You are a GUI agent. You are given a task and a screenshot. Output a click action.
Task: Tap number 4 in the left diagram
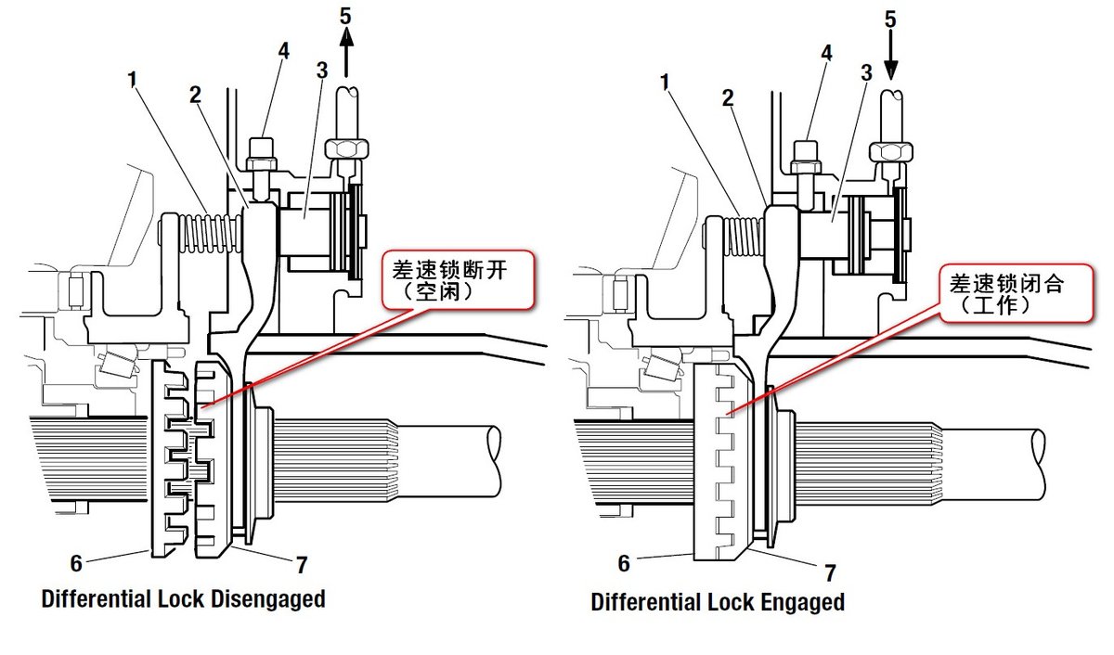pyautogui.click(x=284, y=50)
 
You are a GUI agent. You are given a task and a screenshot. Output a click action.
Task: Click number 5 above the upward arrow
pyautogui.click(x=345, y=16)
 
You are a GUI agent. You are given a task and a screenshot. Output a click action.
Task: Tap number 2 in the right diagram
pyautogui.click(x=728, y=96)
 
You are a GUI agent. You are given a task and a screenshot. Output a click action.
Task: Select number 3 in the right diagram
pyautogui.click(x=866, y=73)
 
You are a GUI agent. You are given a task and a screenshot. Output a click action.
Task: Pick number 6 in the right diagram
pyautogui.click(x=624, y=563)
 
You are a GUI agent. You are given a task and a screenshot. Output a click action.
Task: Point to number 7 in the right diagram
pyautogui.click(x=829, y=572)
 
